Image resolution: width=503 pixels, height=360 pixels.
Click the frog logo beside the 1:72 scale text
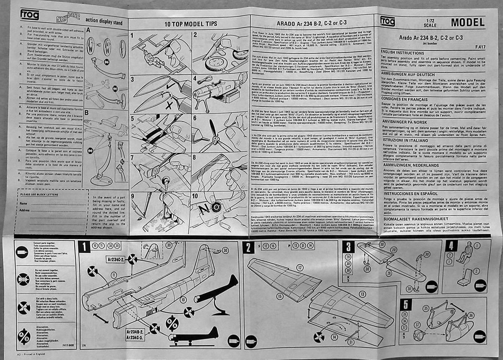click(x=390, y=21)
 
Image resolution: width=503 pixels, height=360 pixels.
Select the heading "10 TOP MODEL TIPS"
click(x=188, y=24)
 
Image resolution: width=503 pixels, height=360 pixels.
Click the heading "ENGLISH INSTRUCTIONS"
click(x=402, y=53)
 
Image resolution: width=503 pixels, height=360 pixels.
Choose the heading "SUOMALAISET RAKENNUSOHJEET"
click(x=414, y=219)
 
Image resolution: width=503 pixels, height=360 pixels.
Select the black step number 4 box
click(x=451, y=246)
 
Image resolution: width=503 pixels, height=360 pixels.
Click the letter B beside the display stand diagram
click(x=87, y=112)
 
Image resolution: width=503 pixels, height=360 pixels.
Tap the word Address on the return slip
click(x=25, y=210)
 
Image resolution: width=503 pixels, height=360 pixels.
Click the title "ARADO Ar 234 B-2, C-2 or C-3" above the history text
click(x=313, y=24)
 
